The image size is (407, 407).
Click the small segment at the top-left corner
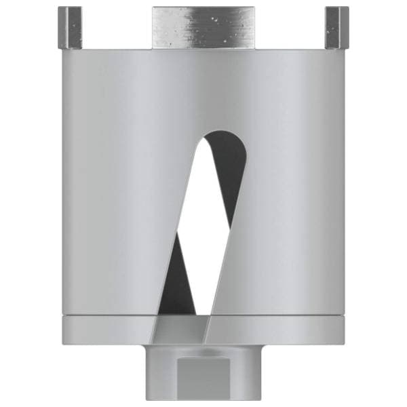click(70, 27)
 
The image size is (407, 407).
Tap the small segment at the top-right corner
click(336, 27)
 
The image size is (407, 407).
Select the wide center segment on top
click(203, 27)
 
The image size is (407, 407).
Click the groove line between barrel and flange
click(102, 316)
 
